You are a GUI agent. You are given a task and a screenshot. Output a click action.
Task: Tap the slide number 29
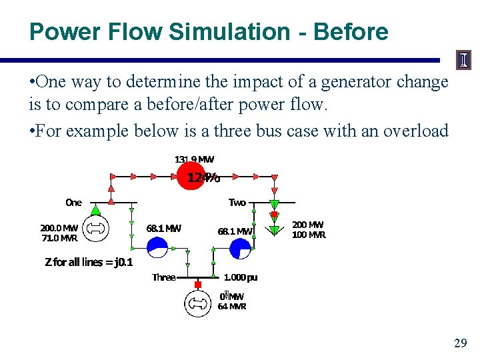tap(460, 343)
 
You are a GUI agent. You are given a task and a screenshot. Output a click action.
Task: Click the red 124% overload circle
tap(192, 176)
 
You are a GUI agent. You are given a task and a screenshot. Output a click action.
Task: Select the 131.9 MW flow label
tap(194, 159)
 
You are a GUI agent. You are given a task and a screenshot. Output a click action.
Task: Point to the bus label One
tap(73, 202)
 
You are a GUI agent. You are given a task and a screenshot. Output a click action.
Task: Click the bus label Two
tap(237, 202)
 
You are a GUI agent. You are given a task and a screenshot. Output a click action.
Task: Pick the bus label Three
tap(163, 277)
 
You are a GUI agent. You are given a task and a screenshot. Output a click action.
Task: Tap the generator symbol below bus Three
tap(197, 303)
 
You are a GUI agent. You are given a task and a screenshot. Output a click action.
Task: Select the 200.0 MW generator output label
tap(59, 227)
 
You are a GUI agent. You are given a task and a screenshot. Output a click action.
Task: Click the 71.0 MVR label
tap(59, 237)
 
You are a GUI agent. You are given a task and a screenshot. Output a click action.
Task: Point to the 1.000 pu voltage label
tap(240, 277)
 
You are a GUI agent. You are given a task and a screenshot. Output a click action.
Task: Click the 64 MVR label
tap(232, 307)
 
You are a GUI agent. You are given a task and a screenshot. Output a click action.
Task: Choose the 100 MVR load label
tap(309, 235)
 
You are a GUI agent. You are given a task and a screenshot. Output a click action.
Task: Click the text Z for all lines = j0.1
tap(89, 262)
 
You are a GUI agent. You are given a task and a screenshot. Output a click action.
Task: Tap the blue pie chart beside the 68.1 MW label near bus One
tap(158, 248)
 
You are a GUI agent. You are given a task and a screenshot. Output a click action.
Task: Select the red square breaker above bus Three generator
tap(197, 285)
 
